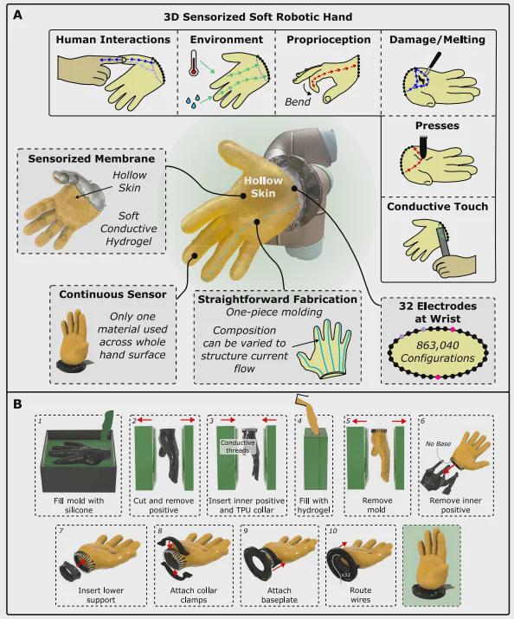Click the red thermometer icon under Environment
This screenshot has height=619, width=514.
point(193,63)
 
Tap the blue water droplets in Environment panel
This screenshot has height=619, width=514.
point(192,101)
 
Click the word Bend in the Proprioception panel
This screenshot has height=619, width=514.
point(298,101)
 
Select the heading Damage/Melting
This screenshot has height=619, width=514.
point(437,40)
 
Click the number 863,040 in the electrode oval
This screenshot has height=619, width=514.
point(438,345)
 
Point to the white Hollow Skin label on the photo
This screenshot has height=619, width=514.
point(263,187)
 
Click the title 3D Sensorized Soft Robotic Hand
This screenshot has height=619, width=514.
point(258,17)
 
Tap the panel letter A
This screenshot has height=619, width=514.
point(18,16)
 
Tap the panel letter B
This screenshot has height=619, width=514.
point(18,404)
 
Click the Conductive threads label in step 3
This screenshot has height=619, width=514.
point(237,447)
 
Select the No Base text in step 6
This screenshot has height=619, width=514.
point(438,444)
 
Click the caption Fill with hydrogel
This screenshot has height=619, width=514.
point(313,505)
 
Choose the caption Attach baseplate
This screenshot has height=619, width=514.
point(279,595)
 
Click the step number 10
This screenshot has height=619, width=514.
point(333,531)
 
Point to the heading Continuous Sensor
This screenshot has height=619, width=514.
point(112,294)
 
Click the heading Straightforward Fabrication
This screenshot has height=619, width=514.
point(277,300)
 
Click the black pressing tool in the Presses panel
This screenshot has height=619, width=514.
point(423,146)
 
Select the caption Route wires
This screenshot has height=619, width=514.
point(361,595)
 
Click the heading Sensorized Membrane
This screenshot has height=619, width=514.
point(91,158)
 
